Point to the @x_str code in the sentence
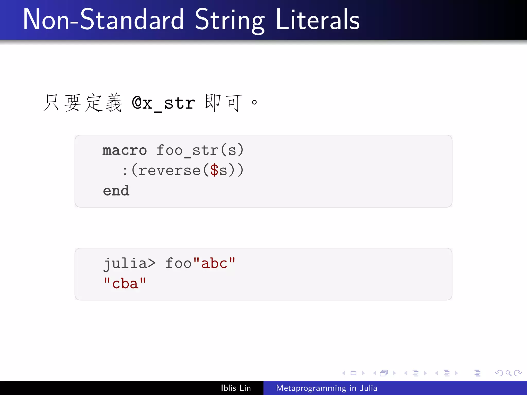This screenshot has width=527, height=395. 163,103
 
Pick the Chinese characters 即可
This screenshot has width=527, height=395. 223,103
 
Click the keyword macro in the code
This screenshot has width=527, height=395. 125,150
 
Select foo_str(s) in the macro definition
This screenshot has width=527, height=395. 200,150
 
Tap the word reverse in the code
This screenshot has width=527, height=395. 169,170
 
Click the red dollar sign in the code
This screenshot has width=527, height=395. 214,170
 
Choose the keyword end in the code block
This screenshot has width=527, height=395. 116,191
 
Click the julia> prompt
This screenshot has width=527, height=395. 129,263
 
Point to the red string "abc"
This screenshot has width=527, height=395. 214,263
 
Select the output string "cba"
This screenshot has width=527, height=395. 125,284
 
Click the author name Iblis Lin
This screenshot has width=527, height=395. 236,388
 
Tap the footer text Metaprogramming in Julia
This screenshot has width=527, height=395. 327,388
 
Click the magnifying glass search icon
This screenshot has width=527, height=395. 508,373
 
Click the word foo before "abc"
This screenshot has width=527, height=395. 178,263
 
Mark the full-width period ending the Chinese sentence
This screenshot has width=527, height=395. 254,103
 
